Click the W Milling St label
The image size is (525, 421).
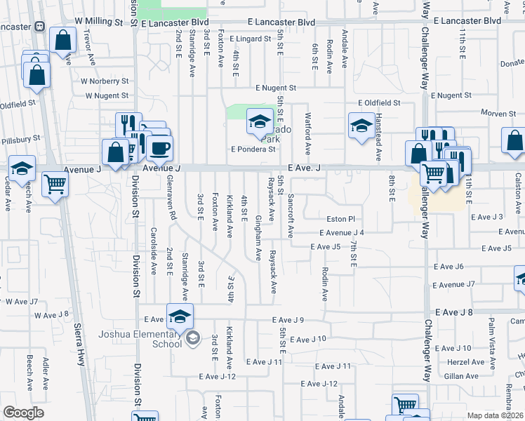tap(98, 22)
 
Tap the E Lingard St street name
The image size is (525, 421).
tap(251, 39)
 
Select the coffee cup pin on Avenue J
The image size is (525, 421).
tap(159, 148)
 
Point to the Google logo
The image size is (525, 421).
tap(24, 413)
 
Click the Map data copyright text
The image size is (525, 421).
tap(496, 415)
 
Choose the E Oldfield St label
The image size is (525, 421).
tap(378, 102)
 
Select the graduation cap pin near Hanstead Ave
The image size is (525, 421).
tap(361, 126)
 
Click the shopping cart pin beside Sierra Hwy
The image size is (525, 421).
tap(55, 185)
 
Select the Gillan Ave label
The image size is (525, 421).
tap(461, 376)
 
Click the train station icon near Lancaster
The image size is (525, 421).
tap(39, 27)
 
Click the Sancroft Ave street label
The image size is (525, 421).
tap(290, 215)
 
